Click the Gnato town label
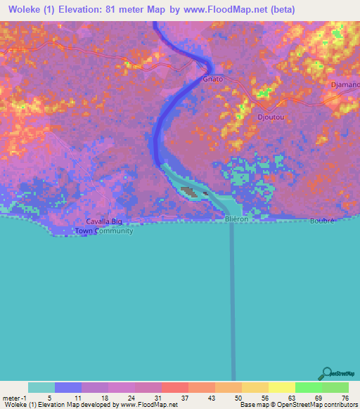click(212, 79)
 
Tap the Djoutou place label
click(271, 117)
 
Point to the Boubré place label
click(321, 220)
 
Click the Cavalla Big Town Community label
click(104, 226)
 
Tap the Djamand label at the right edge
click(347, 85)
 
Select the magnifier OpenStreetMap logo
click(327, 373)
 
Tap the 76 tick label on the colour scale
click(345, 397)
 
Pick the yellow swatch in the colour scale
click(281, 387)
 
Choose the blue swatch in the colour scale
click(68, 387)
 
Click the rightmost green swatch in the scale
click(335, 387)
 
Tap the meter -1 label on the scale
click(14, 397)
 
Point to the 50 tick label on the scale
click(239, 397)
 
